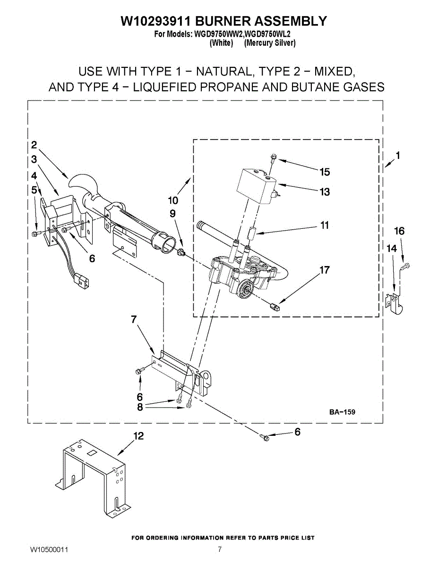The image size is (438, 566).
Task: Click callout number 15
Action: (325, 172)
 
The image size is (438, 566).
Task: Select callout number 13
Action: (325, 192)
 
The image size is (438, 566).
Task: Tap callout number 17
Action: (325, 270)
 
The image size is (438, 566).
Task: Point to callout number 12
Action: (138, 437)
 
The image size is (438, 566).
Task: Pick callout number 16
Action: (399, 231)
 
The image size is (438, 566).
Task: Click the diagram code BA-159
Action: (342, 412)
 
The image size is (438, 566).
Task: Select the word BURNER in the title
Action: (223, 21)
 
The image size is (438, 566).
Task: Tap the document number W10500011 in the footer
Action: (50, 550)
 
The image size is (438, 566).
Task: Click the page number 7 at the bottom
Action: (220, 549)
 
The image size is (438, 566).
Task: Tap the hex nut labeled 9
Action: (180, 253)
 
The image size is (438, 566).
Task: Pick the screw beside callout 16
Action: (405, 267)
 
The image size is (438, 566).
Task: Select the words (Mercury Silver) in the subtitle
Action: (270, 43)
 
